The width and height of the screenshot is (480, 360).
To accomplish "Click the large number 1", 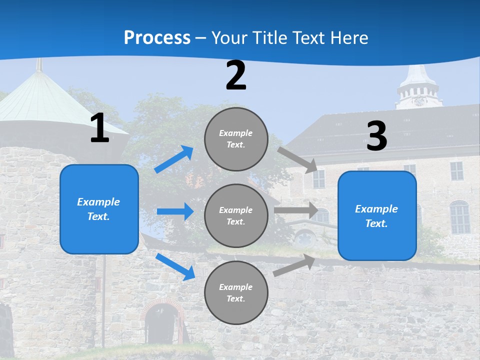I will pyautogui.click(x=99, y=128).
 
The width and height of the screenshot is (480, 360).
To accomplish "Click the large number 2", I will pyautogui.click(x=236, y=76).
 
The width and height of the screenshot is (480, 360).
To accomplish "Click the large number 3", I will pyautogui.click(x=376, y=136).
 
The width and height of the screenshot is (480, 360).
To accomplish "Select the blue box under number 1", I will pyautogui.click(x=99, y=209).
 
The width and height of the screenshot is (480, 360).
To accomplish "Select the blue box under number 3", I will pyautogui.click(x=377, y=215).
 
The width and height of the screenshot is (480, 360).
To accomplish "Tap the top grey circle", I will pyautogui.click(x=236, y=139).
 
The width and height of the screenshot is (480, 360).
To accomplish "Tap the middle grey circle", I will pyautogui.click(x=236, y=215).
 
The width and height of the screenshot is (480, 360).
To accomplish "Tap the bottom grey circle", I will pyautogui.click(x=236, y=292).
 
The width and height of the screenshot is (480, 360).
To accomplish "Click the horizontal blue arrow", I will pyautogui.click(x=175, y=211).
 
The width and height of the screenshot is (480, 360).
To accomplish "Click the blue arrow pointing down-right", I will pyautogui.click(x=175, y=266).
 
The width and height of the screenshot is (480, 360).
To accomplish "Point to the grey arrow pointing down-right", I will pyautogui.click(x=298, y=160).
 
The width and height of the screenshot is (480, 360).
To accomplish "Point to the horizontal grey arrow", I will pyautogui.click(x=296, y=210).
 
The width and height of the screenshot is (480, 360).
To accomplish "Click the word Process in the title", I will pyautogui.click(x=157, y=37).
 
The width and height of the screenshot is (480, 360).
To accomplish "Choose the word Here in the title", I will pyautogui.click(x=348, y=37).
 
